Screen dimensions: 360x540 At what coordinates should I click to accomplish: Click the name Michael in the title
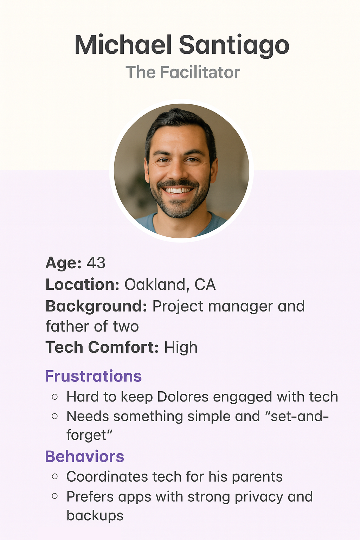coord(123,45)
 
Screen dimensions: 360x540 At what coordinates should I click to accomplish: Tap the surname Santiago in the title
coord(234,46)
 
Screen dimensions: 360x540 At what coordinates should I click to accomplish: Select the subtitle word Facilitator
coord(200,72)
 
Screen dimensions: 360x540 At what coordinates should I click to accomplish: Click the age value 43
coord(96,263)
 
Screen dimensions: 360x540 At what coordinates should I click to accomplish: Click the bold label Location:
coord(82,284)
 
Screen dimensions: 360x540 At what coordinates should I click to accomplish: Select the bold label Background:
coord(96,307)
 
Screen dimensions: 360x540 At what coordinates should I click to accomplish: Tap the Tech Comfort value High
coord(181,347)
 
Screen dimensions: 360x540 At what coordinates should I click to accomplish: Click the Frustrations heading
coord(93,376)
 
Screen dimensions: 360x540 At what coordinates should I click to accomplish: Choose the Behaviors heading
coord(85,456)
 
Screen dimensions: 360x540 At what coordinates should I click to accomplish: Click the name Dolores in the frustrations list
coord(183,397)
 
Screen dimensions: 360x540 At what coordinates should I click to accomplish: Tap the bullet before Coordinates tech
coord(55,477)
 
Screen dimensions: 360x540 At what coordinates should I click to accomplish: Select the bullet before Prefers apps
coord(55,496)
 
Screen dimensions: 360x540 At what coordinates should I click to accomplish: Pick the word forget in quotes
coord(86,435)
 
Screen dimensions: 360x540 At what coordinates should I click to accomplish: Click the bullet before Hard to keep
coord(55,397)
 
